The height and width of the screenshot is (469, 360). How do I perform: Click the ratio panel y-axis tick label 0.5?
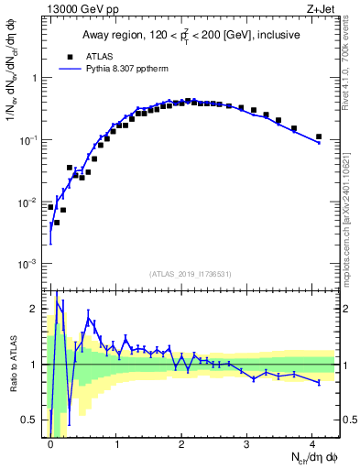32,420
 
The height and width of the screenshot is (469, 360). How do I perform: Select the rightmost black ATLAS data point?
319,136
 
